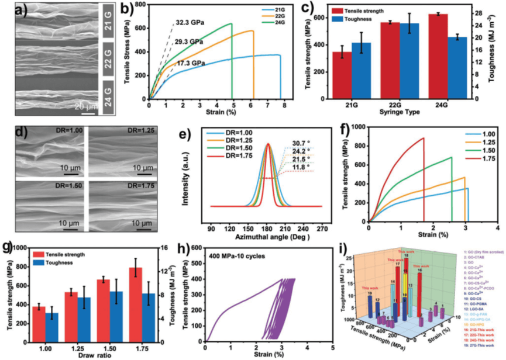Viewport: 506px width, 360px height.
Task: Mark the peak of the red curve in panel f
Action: click(423, 139)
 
